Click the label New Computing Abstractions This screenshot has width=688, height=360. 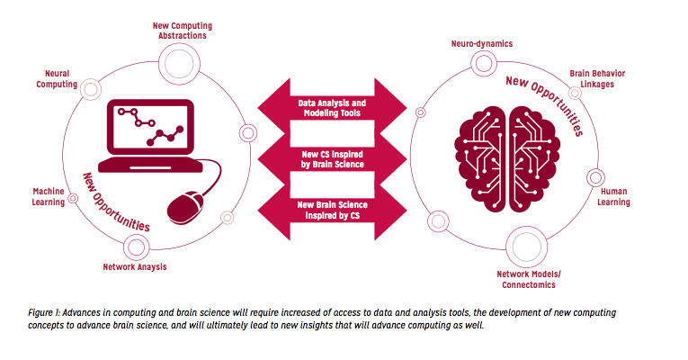[183, 31]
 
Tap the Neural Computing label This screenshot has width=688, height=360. [57, 79]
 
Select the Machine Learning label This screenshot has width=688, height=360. [49, 197]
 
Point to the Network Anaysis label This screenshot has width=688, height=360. [135, 267]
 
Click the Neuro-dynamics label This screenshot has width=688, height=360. [482, 44]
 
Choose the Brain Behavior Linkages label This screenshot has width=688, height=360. [597, 79]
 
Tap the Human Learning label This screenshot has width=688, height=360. [613, 197]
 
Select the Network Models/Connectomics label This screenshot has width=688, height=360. [529, 280]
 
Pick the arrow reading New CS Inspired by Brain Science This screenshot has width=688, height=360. [332, 159]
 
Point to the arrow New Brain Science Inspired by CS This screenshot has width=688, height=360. [332, 211]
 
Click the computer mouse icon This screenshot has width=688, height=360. [186, 207]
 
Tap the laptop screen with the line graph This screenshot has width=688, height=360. [150, 126]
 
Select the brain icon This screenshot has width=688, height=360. [507, 159]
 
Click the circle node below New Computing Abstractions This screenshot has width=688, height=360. [179, 64]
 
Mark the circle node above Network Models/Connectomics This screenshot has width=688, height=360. [526, 247]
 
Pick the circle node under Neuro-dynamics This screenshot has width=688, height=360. [484, 63]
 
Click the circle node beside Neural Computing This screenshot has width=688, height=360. [91, 90]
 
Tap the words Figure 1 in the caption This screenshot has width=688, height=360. [44, 312]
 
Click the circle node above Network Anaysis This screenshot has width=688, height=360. [136, 247]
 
